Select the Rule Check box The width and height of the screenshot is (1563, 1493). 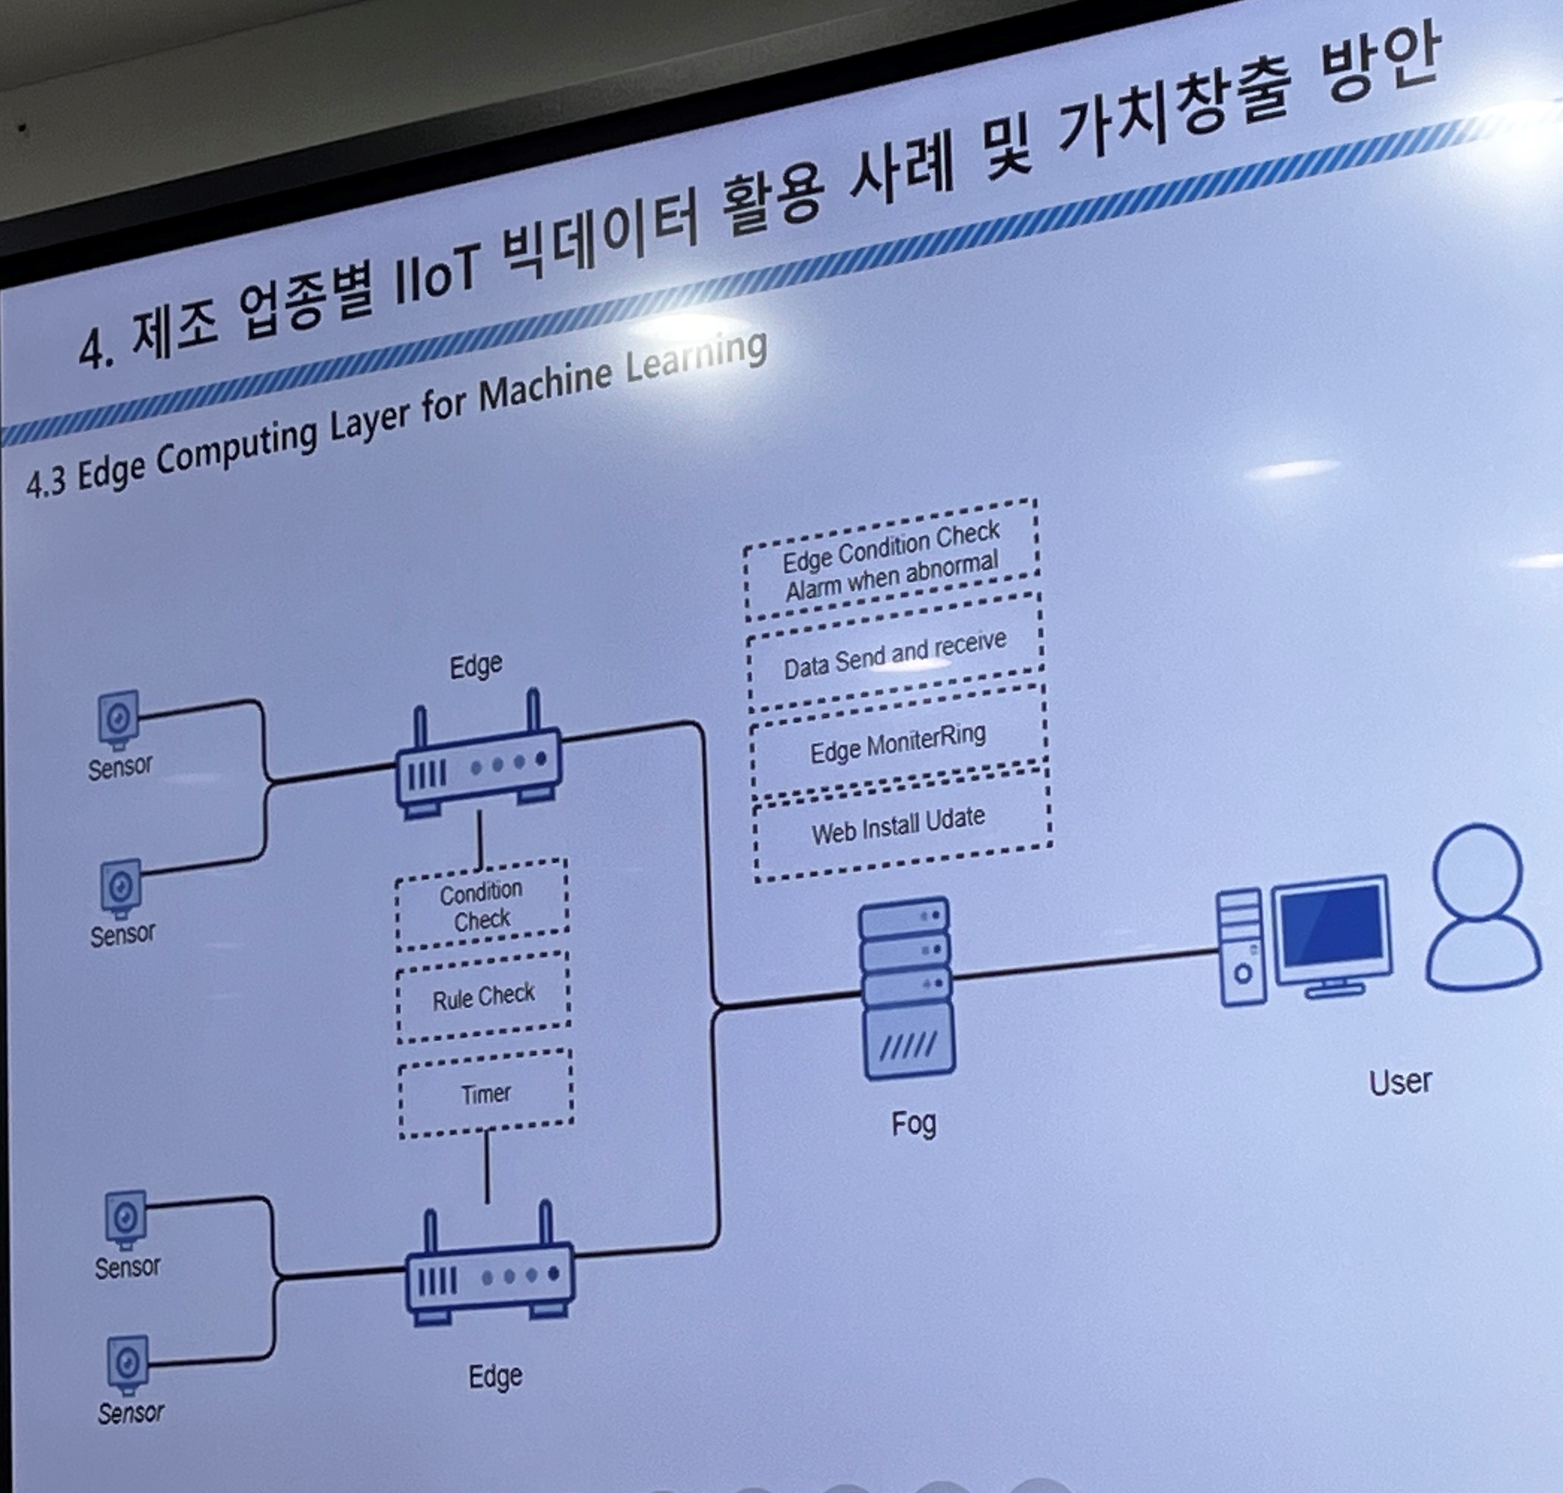(483, 997)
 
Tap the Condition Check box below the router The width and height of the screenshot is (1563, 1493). (482, 905)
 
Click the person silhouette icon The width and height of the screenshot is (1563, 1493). (1480, 907)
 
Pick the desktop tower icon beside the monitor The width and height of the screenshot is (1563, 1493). (1241, 947)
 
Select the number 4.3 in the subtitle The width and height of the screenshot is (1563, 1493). (45, 482)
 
